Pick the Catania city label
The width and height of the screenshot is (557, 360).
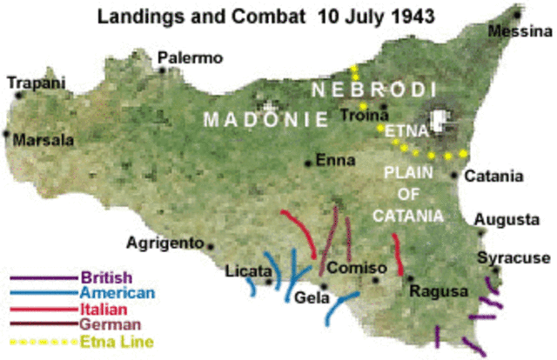point(493,177)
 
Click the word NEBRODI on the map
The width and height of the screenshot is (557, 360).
point(362,90)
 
